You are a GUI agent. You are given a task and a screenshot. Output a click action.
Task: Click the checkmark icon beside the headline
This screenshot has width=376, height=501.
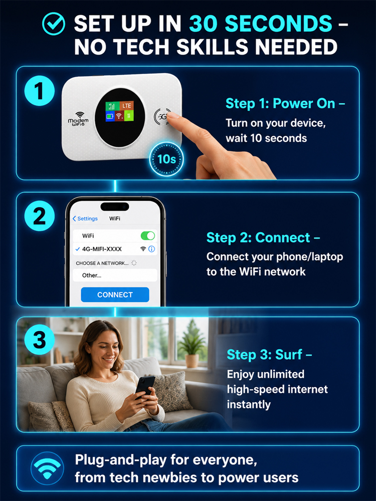point(54,24)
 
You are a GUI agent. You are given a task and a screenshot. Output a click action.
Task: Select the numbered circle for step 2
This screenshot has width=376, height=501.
point(39,215)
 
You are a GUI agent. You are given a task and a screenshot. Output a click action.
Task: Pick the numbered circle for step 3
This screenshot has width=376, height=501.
point(39,339)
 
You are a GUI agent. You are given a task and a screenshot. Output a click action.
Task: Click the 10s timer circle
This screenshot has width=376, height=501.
point(166,159)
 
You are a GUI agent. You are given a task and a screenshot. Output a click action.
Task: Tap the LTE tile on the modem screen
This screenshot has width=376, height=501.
point(127,105)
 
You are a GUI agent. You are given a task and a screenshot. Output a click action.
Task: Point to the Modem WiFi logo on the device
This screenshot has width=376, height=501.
point(78,120)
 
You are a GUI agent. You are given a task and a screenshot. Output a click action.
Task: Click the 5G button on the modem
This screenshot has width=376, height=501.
point(162,117)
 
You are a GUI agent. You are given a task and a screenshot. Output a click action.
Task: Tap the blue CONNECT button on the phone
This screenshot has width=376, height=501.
point(115,295)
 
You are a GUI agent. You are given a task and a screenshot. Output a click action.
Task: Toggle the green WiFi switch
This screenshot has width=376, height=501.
point(148,236)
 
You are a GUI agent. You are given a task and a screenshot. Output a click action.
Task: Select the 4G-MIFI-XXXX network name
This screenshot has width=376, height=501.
point(102,249)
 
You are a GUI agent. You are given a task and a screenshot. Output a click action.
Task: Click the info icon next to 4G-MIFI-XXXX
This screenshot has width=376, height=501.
point(151,249)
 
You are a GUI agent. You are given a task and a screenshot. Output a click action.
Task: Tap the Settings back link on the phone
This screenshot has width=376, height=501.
point(85,218)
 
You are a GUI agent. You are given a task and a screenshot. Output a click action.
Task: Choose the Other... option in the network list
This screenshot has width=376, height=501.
point(92,276)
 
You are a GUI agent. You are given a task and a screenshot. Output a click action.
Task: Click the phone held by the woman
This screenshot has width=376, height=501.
point(145,387)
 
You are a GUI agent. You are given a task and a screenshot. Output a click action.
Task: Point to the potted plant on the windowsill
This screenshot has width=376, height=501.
point(192,344)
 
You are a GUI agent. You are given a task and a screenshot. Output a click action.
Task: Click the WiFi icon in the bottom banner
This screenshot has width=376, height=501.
point(47,468)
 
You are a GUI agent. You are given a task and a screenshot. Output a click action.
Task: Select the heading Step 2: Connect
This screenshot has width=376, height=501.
point(263,237)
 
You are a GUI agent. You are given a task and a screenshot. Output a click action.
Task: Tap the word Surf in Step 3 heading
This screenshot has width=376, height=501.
point(288,354)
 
